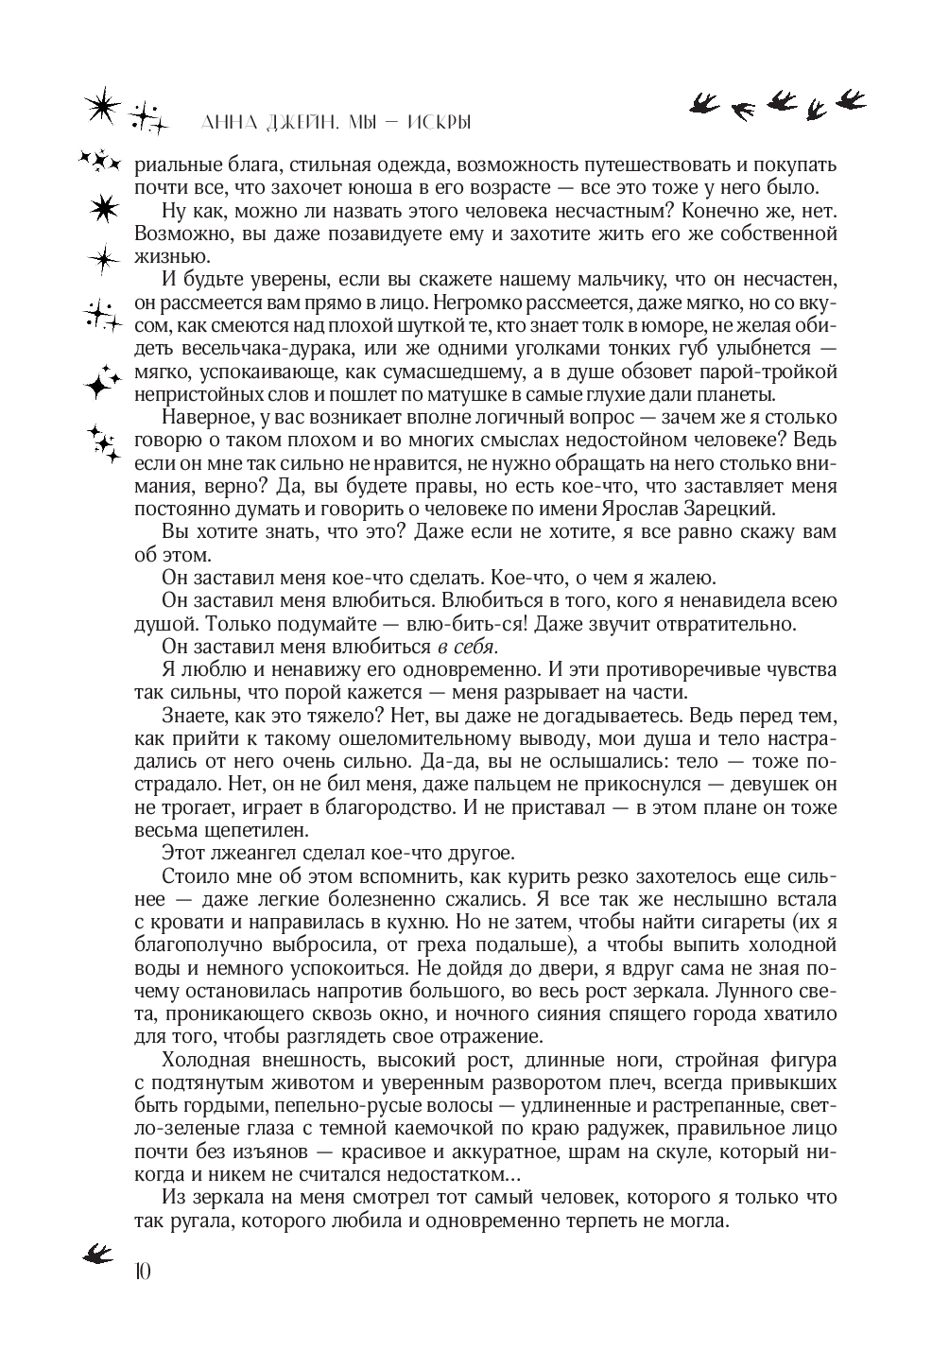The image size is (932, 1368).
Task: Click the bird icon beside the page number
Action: click(x=97, y=1253)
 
